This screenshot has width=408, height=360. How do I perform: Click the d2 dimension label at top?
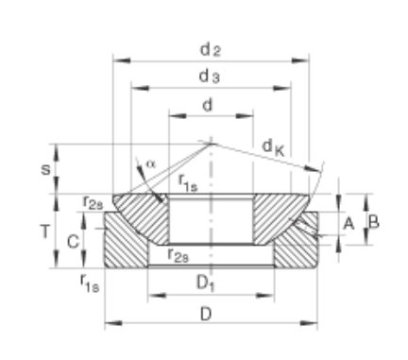point(211,50)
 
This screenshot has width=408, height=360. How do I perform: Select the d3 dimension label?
point(210,77)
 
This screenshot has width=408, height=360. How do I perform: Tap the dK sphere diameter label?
point(273,147)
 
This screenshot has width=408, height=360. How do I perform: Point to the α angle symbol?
point(151,164)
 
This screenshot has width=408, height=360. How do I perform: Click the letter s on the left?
point(45,169)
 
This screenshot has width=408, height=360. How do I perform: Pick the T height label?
point(45,232)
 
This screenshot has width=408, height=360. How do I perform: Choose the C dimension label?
point(73,242)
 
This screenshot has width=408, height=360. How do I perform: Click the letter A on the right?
point(348,224)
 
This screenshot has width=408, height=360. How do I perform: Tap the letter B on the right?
point(374,222)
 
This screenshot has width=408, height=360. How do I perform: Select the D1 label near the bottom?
point(206,283)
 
